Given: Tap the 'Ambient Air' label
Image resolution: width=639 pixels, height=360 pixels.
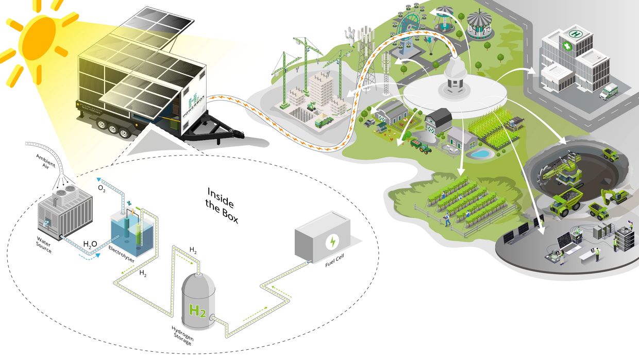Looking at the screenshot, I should (45, 161).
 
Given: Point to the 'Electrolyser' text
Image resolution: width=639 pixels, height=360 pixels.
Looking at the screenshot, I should (122, 254).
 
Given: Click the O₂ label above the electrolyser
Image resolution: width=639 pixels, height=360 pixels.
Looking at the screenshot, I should (102, 188).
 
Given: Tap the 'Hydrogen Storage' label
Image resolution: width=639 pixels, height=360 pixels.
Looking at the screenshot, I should (181, 335).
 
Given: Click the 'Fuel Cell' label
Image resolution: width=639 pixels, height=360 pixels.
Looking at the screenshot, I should (334, 264).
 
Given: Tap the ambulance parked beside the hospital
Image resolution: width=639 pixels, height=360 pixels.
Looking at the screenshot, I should (608, 92).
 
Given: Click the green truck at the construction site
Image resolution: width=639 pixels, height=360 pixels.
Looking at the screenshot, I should (324, 123).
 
